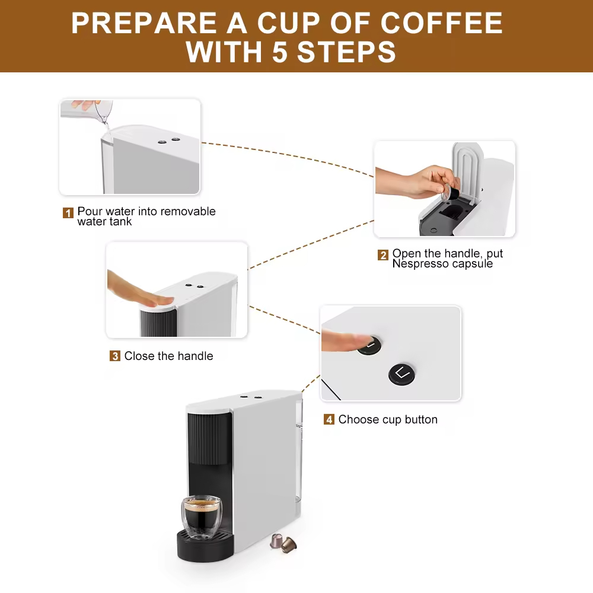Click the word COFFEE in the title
441,23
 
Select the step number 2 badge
383,255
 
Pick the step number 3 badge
115,356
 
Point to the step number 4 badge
329,420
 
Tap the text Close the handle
168,356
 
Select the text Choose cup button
388,420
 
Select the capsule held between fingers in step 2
452,193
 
